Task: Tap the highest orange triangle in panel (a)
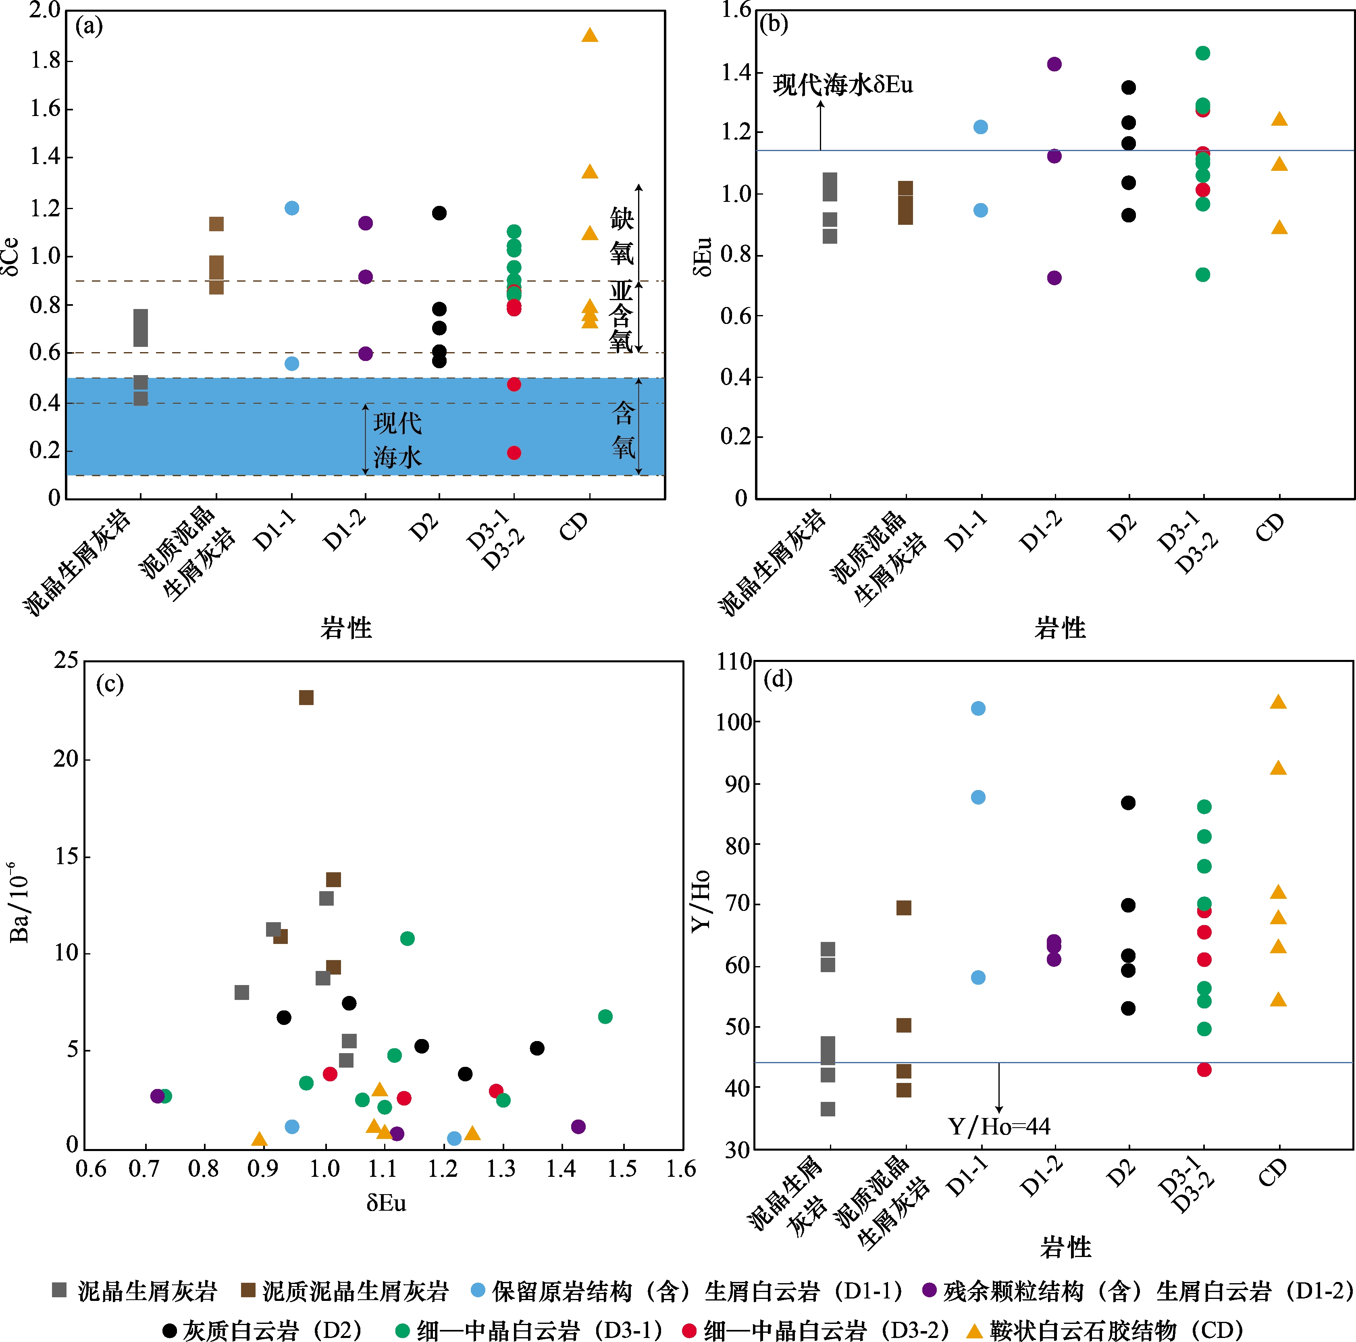[590, 35]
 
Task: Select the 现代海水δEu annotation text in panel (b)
[842, 85]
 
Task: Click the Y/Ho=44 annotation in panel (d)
[999, 1126]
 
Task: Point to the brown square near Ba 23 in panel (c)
[306, 697]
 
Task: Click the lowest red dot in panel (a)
[514, 452]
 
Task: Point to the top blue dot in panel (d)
[977, 709]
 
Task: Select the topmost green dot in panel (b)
[1202, 53]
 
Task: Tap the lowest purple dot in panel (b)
[1054, 278]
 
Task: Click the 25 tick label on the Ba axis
[67, 660]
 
